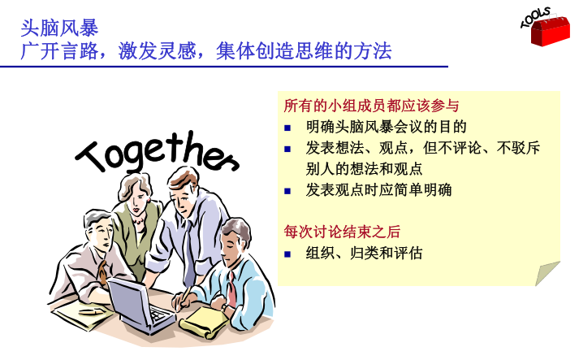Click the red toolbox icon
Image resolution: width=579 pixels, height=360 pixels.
[551, 32]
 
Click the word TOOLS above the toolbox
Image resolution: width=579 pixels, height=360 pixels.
[535, 17]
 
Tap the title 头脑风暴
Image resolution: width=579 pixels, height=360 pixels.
[59, 28]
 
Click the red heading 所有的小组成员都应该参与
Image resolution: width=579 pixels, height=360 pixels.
[371, 106]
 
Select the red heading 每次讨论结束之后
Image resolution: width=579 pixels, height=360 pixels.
[342, 232]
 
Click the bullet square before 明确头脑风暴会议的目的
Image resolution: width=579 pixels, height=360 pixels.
[287, 128]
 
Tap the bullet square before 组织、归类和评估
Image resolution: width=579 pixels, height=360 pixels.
[287, 254]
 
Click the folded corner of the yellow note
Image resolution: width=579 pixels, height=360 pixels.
[547, 274]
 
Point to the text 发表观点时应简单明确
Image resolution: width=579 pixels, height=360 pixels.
[378, 190]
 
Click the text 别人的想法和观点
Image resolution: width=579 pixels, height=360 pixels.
[364, 169]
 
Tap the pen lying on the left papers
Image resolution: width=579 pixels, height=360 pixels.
[91, 312]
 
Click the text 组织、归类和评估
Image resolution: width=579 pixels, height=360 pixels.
[364, 254]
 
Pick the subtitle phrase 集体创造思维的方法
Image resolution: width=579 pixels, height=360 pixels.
[304, 50]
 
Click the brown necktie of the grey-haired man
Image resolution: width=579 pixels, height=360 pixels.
[102, 272]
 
